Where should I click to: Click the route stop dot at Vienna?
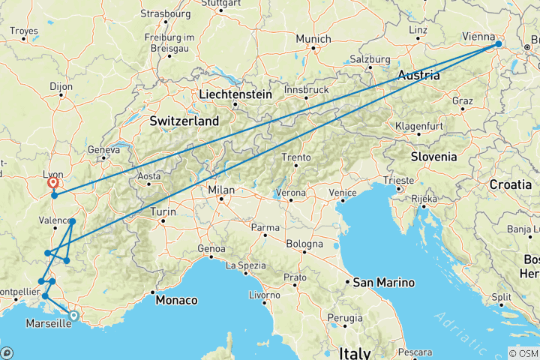[x=498, y=45]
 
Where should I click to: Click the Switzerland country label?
[x=184, y=121]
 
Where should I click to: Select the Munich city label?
[x=313, y=39]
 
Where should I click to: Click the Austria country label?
[x=418, y=75]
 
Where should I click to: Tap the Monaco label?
[x=177, y=300]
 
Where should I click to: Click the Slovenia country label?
[x=433, y=157]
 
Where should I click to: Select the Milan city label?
[x=223, y=190]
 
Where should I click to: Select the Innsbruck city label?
[x=307, y=89]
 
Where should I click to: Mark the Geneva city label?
[x=103, y=149]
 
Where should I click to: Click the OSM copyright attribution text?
[x=523, y=353]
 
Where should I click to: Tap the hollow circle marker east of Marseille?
[x=73, y=316]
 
